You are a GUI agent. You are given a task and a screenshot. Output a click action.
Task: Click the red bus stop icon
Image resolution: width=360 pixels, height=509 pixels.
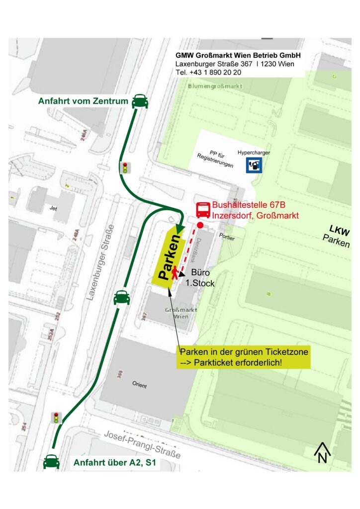tap(203, 210)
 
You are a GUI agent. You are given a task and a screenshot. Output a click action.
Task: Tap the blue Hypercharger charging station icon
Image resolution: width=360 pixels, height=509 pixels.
tap(255, 166)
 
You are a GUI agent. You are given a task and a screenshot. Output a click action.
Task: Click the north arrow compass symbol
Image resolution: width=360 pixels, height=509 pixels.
tap(322, 452)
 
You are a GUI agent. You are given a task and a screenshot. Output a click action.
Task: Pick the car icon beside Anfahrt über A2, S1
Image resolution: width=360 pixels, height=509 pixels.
tap(52, 462)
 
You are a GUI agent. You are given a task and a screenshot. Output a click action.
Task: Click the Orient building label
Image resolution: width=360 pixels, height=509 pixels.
tap(140, 384)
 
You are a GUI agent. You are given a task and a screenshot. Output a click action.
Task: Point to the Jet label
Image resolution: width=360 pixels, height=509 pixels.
tap(53, 209)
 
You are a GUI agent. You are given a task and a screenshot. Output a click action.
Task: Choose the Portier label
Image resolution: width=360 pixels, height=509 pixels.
tap(226, 238)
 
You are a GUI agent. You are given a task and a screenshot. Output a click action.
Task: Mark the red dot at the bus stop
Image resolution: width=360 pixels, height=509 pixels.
tap(200, 226)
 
